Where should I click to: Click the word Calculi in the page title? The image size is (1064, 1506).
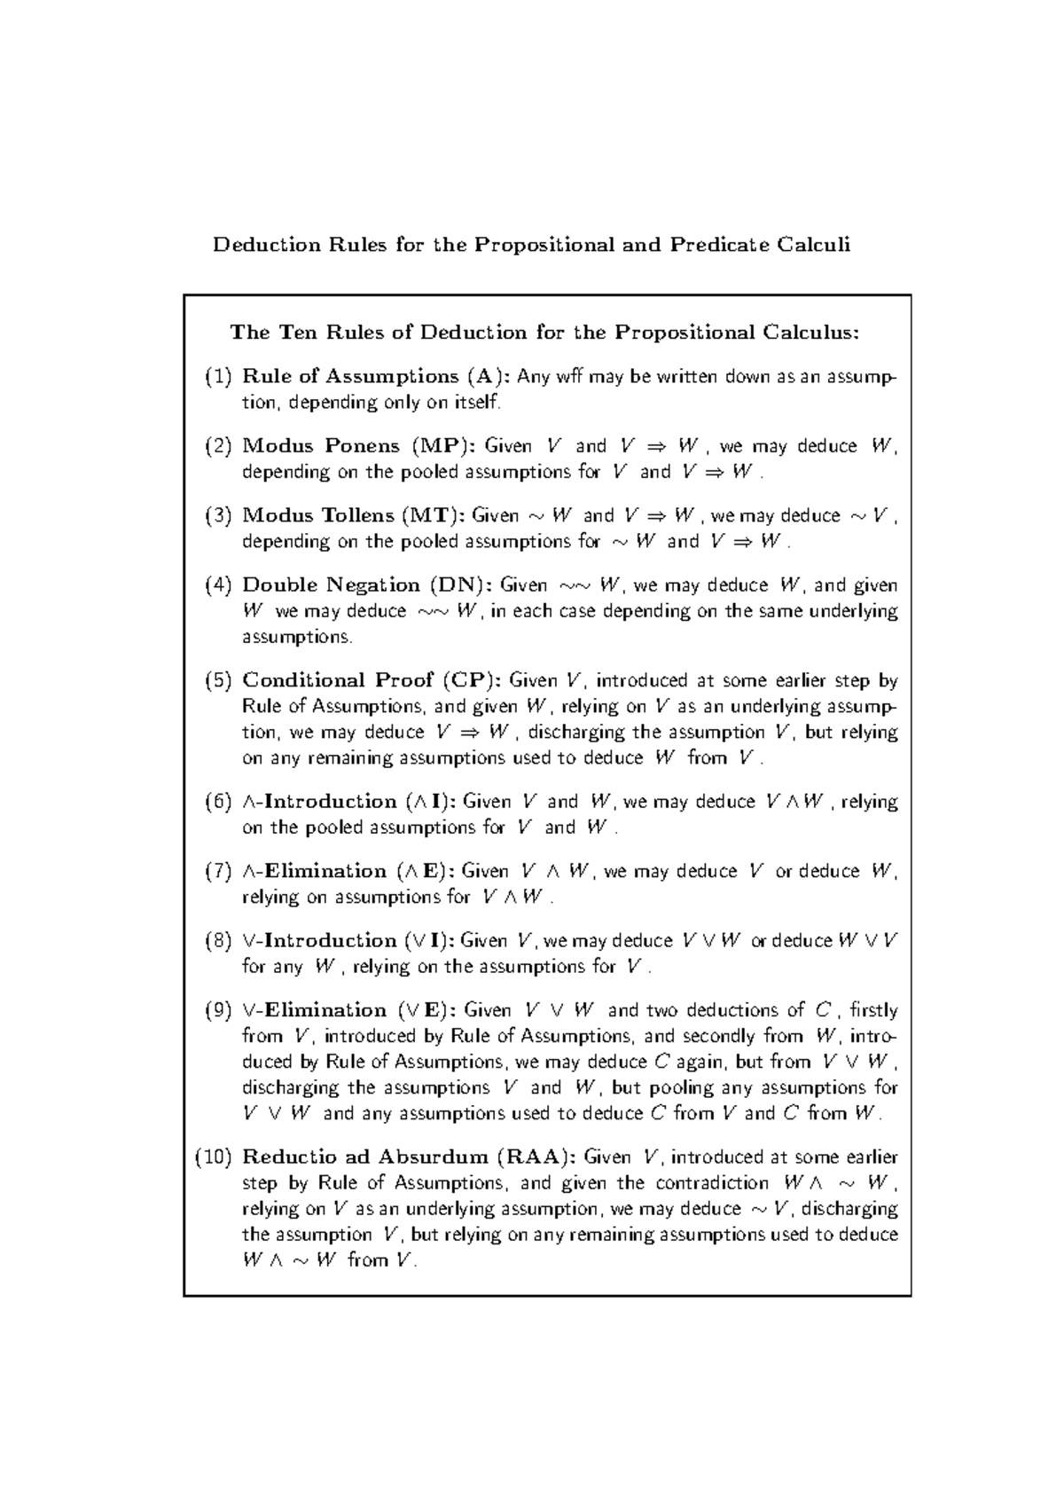point(813,245)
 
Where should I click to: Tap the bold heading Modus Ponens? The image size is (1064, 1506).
point(321,446)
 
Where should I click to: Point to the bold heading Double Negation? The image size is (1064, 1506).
point(331,585)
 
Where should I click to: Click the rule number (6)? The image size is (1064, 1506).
point(217,802)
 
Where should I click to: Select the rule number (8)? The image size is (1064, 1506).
point(217,941)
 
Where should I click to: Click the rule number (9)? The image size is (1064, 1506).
point(217,1010)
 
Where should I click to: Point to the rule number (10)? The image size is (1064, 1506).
point(213,1157)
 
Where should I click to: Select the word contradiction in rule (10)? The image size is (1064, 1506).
point(712,1183)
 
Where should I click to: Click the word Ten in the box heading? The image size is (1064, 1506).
point(297,333)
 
